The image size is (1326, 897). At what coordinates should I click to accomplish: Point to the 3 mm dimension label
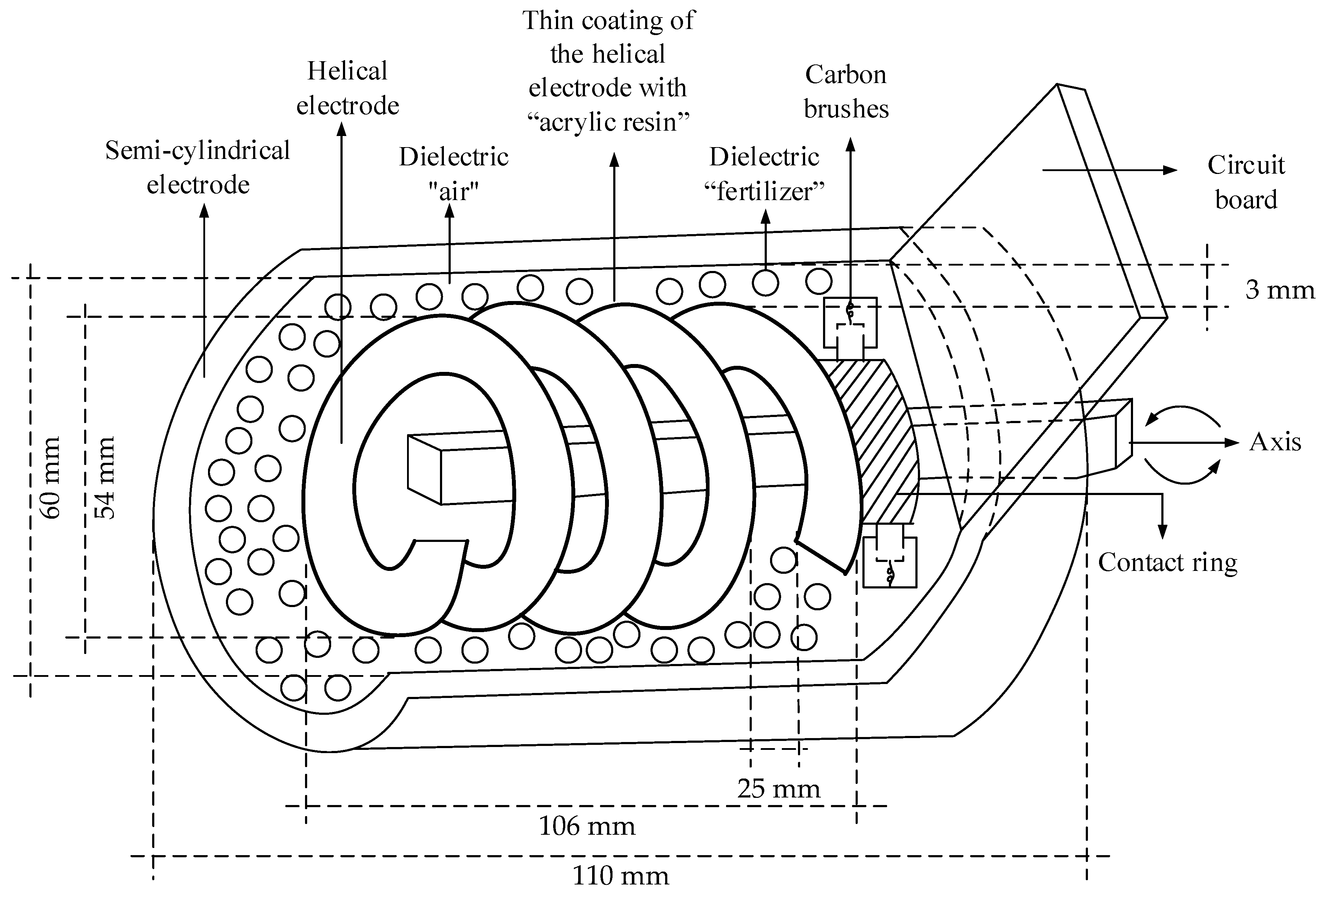pos(1279,290)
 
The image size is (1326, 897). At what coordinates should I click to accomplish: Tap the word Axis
pos(1275,442)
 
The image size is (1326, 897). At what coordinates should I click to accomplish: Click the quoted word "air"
pos(454,191)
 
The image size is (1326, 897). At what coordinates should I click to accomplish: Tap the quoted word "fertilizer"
pos(765,191)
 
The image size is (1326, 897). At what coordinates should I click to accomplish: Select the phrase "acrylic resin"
pos(609,122)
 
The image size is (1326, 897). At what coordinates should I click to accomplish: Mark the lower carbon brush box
pos(890,556)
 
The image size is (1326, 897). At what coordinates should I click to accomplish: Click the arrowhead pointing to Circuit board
pos(1170,170)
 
